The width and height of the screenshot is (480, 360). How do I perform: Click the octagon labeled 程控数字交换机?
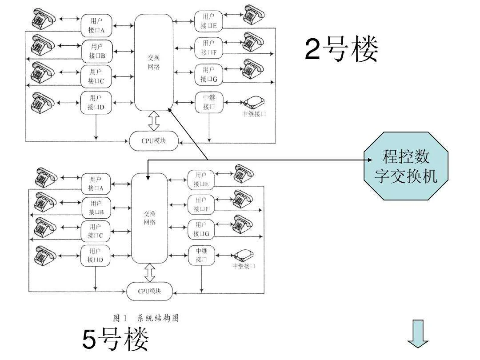[x=406, y=167]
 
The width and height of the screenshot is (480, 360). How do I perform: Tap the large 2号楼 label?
[x=341, y=49]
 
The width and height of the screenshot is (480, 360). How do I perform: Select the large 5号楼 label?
[x=116, y=340]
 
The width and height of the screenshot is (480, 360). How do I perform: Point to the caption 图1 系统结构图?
[x=146, y=318]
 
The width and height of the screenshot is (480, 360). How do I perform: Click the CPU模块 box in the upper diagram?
[x=154, y=141]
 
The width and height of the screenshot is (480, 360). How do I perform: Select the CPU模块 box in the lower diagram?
[x=149, y=291]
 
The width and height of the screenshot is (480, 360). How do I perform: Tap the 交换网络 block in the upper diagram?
[x=153, y=62]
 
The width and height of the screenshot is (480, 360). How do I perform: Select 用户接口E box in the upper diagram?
[x=208, y=21]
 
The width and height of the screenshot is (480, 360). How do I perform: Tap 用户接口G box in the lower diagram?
[x=201, y=229]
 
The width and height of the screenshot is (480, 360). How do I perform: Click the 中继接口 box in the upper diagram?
[x=208, y=102]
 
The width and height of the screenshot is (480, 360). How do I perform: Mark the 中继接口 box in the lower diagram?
[x=201, y=255]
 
